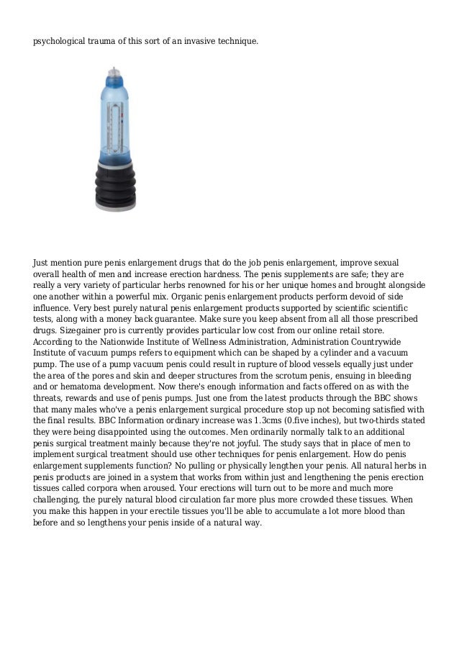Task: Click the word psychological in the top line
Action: [x=60, y=42]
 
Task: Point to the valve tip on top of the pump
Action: [x=114, y=71]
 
